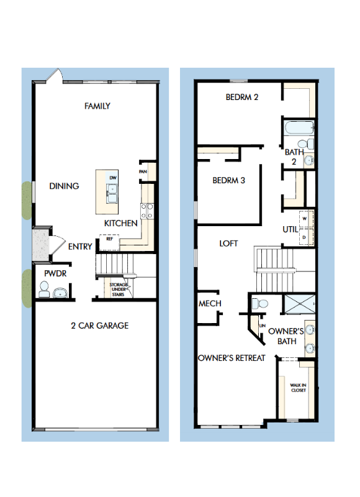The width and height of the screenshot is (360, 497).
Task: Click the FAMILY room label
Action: pyautogui.click(x=97, y=106)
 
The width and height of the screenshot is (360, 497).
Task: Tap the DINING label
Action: pyautogui.click(x=64, y=186)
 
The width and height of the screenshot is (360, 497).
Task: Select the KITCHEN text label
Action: pyautogui.click(x=120, y=223)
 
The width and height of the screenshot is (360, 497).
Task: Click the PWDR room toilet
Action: pyautogui.click(x=44, y=289)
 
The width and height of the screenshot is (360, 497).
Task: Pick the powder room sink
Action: pyautogui.click(x=60, y=293)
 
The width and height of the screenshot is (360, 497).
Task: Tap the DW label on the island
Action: pyautogui.click(x=113, y=178)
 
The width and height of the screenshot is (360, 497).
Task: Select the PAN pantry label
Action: pyautogui.click(x=143, y=171)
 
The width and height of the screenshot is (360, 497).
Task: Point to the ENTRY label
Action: pyautogui.click(x=80, y=247)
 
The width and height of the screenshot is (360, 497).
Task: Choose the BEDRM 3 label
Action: pyautogui.click(x=229, y=181)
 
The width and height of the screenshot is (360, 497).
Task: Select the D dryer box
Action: pyautogui.click(x=304, y=237)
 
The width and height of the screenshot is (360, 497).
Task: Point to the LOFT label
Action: pyautogui.click(x=228, y=244)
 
